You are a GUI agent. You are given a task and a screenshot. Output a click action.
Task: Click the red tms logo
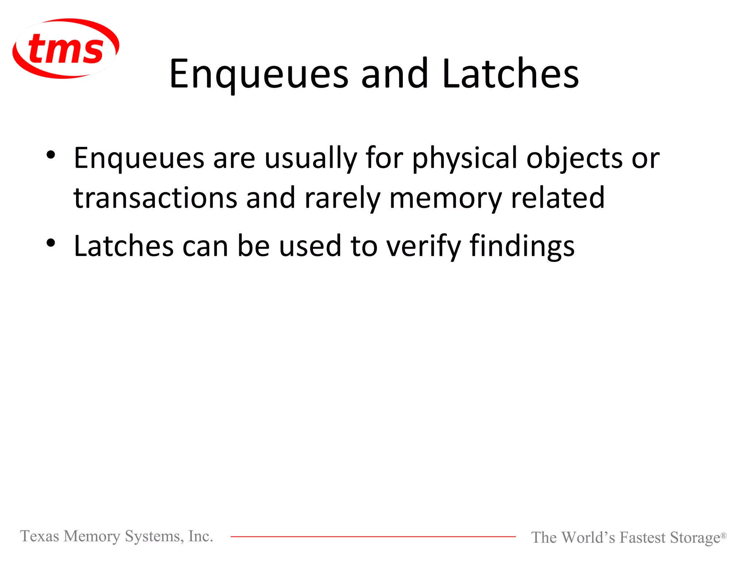click(x=66, y=49)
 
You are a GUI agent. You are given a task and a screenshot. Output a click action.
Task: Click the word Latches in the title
click(x=510, y=74)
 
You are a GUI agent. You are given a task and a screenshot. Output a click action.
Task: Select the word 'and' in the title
click(x=394, y=74)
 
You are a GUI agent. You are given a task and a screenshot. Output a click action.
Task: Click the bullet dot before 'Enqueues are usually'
click(x=51, y=155)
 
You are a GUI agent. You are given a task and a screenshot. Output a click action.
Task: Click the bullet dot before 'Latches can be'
click(x=51, y=243)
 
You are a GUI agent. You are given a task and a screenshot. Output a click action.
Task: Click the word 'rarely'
click(x=342, y=198)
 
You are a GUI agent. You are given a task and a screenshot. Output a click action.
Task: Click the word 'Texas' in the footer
click(x=39, y=536)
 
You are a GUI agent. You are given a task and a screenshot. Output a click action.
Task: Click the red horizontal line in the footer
click(x=373, y=537)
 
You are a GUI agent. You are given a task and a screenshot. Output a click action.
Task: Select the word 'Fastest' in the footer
click(x=642, y=538)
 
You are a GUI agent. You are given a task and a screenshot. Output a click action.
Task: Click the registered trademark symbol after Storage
click(x=723, y=535)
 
